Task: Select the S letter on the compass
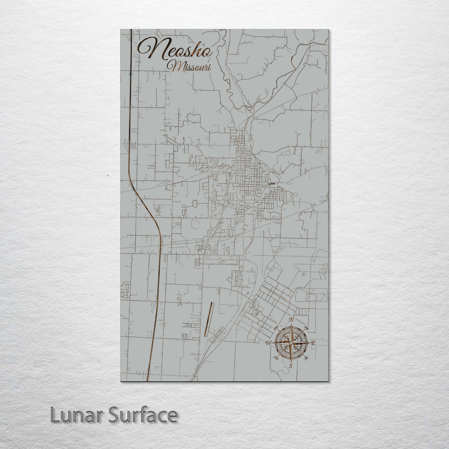coord(291,366)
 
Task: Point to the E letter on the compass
coord(314,343)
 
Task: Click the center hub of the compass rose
coord(291,343)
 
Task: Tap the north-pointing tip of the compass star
coord(291,325)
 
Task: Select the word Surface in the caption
coord(143,415)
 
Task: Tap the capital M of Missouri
coord(173,66)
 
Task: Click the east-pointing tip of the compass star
coord(309,343)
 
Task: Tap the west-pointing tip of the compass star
coord(273,343)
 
